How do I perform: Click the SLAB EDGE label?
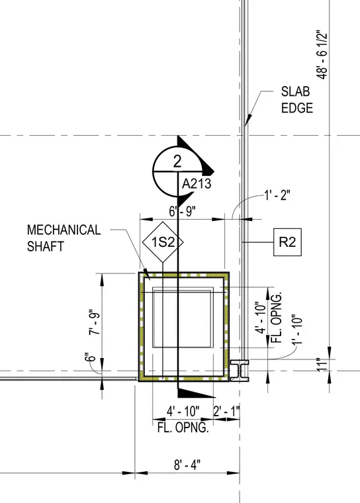point(297,100)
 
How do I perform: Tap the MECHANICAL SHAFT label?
point(64,238)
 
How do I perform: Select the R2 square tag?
point(287,242)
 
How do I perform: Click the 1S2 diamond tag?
point(163,242)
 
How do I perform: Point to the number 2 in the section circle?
point(177,161)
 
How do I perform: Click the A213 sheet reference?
point(197,184)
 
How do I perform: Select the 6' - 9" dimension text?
point(182,211)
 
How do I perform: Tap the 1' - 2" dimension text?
point(277,195)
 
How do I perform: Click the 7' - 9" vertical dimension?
point(95,322)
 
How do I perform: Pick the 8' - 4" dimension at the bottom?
point(187,465)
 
